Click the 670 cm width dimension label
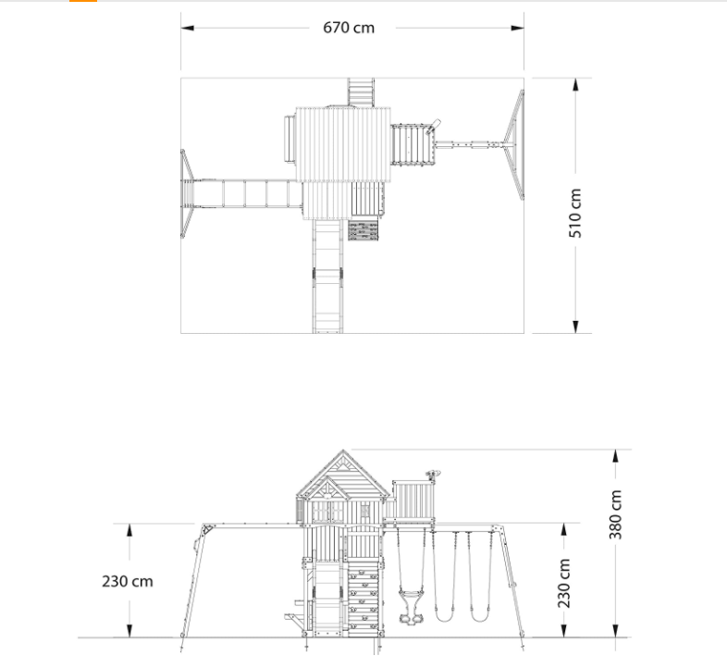coord(349,28)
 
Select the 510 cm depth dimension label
coord(576,214)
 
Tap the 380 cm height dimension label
coord(617,515)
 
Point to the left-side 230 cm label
coord(128,582)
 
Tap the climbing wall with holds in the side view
coord(363,597)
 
